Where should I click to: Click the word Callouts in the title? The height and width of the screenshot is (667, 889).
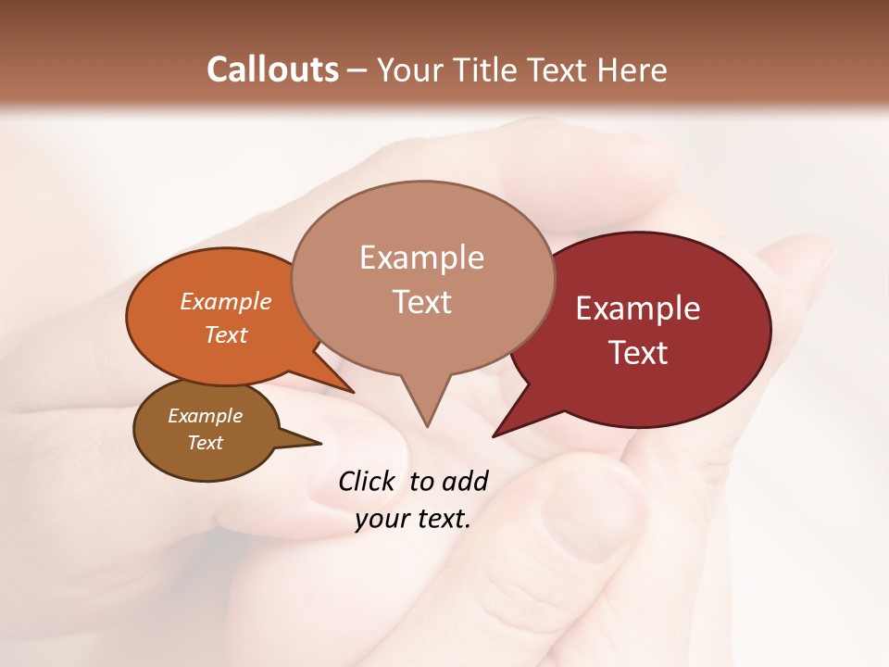click(x=272, y=69)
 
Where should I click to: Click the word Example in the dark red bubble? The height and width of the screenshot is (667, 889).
click(x=638, y=308)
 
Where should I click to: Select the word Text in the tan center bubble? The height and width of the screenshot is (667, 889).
click(x=422, y=302)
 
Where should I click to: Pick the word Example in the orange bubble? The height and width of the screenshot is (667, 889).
click(x=226, y=301)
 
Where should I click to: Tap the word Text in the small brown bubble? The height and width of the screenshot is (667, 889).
click(x=205, y=443)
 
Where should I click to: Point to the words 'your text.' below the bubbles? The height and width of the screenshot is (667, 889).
click(x=413, y=519)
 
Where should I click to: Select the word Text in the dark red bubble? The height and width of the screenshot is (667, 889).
click(x=639, y=353)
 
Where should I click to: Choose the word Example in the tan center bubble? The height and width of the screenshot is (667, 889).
click(x=422, y=257)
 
